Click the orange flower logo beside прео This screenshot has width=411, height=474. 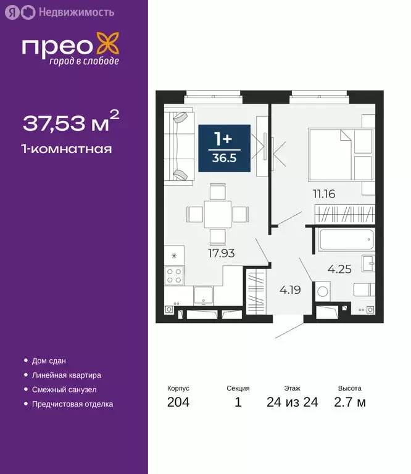coord(110,46)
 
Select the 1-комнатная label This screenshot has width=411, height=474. coord(67,149)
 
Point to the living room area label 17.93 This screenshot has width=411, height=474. coord(222,252)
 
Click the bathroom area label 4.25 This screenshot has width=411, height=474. coord(339,269)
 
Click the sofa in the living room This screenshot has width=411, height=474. coord(180,146)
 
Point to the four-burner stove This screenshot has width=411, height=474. coord(175,275)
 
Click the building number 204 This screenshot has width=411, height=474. coord(178,403)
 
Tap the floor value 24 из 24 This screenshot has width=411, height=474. coord(293,403)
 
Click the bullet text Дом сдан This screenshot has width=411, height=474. coord(49,360)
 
